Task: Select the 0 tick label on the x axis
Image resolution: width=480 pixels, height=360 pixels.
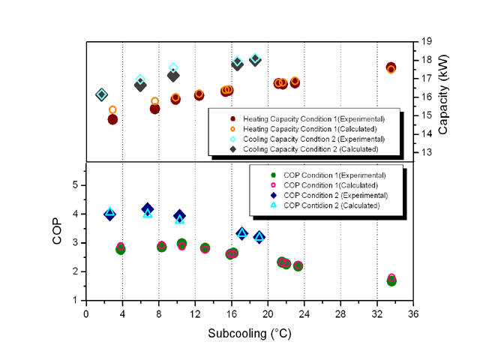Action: [x=86, y=313]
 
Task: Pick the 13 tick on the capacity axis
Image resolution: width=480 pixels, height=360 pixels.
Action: [x=425, y=152]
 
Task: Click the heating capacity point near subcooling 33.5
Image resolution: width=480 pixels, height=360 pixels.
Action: [x=391, y=67]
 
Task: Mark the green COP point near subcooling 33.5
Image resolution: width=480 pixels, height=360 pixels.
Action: [x=391, y=280]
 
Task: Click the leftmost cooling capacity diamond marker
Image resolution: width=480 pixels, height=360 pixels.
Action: [x=102, y=94]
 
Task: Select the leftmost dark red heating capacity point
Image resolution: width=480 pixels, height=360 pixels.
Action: [x=112, y=119]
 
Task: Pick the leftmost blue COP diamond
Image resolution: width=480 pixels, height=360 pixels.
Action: [x=109, y=214]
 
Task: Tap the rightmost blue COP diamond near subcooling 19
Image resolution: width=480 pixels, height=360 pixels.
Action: [x=259, y=237]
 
